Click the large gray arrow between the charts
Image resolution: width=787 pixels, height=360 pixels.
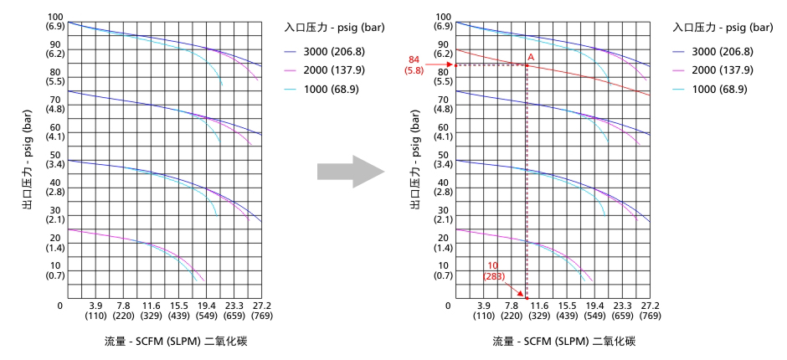click(350, 171)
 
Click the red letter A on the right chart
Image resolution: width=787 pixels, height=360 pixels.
click(531, 57)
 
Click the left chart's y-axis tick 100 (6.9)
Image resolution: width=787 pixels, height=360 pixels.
click(56, 22)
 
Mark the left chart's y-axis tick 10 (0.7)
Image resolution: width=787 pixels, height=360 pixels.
click(56, 270)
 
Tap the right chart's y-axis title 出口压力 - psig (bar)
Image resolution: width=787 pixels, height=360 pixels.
click(415, 159)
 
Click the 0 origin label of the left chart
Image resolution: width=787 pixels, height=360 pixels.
click(60, 306)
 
